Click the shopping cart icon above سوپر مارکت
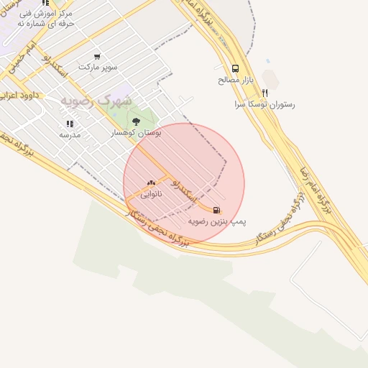[97, 56]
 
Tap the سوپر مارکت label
[97, 67]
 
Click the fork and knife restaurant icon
[264, 93]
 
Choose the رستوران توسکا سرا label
[264, 104]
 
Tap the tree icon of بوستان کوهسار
[136, 121]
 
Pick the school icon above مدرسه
[69, 124]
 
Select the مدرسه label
[70, 134]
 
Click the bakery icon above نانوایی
[151, 183]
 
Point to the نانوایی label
[151, 194]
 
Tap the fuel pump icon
[218, 211]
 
